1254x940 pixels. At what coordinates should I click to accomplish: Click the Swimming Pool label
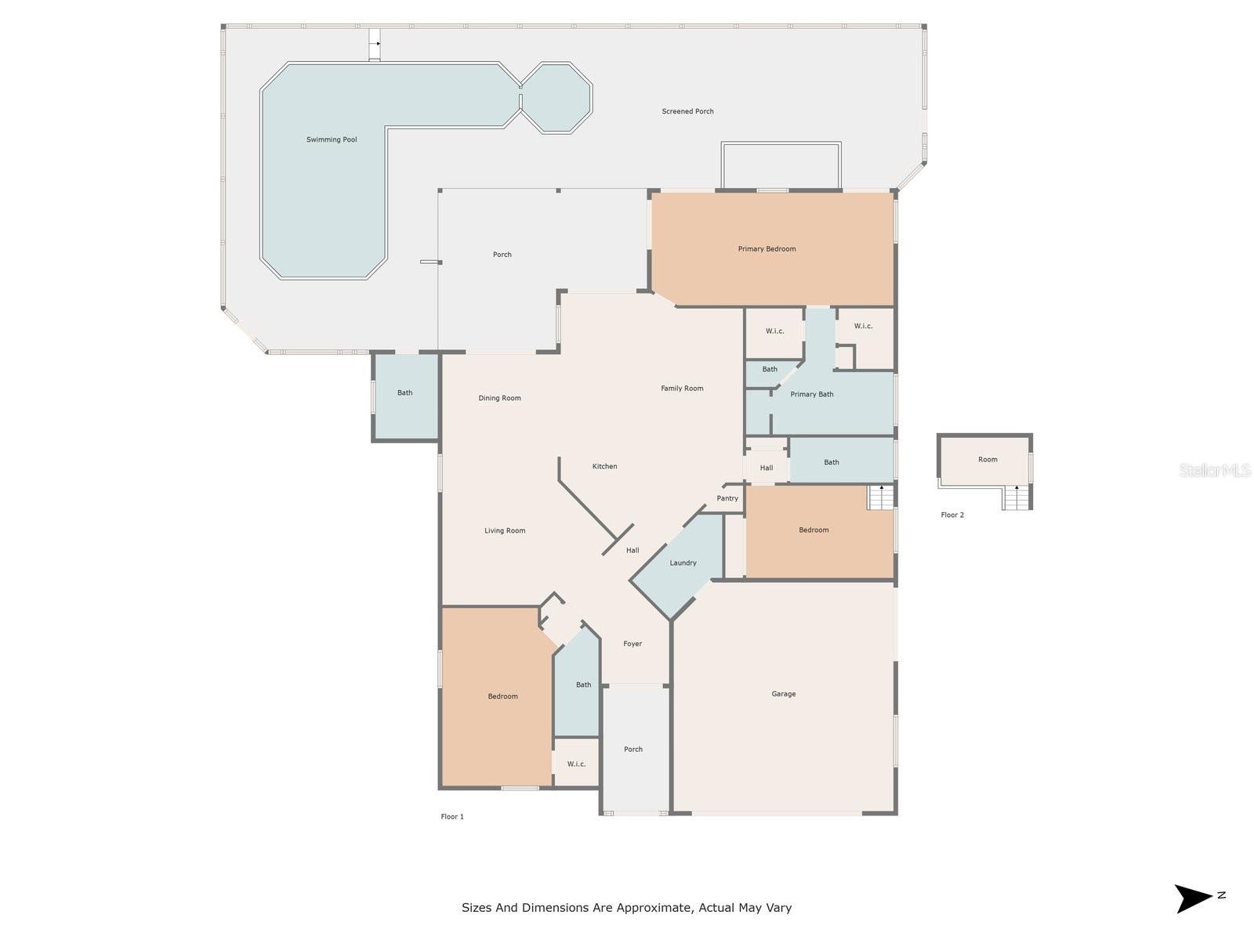332,140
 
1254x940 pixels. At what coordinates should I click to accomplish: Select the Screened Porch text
687,112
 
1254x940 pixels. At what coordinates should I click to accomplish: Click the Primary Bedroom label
767,249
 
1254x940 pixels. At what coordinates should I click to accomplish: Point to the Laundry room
683,562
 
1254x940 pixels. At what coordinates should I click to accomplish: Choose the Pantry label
727,498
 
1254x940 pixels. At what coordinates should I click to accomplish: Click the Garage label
783,694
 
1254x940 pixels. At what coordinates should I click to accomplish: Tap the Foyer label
632,644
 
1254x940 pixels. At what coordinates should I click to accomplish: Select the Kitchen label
604,467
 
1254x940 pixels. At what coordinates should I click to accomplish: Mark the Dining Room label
500,398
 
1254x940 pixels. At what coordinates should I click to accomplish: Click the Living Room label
505,531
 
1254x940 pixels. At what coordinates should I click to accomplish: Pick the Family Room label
682,389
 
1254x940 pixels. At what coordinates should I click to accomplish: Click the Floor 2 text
952,515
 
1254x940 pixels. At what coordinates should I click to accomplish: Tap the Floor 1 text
452,817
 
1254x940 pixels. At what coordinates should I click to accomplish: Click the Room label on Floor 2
988,460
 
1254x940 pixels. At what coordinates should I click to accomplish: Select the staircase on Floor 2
1017,497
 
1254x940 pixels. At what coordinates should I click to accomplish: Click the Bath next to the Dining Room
404,393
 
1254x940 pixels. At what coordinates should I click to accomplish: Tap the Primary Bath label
811,395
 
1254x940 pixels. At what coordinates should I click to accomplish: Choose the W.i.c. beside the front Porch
576,765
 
